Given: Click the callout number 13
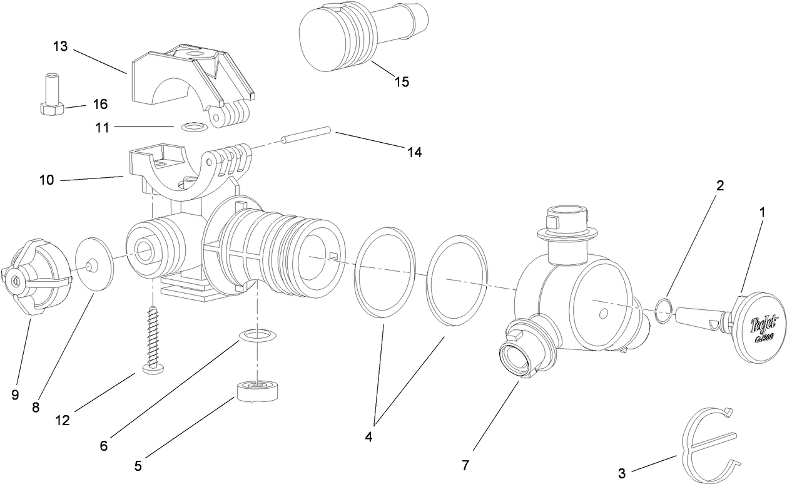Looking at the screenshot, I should [60, 47].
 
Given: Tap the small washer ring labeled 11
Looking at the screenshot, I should [193, 127].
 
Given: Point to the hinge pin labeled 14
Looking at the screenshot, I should [305, 136].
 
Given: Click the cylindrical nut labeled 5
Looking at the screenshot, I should [257, 393].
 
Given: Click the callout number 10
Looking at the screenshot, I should [46, 180].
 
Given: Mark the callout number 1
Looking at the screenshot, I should [761, 213].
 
